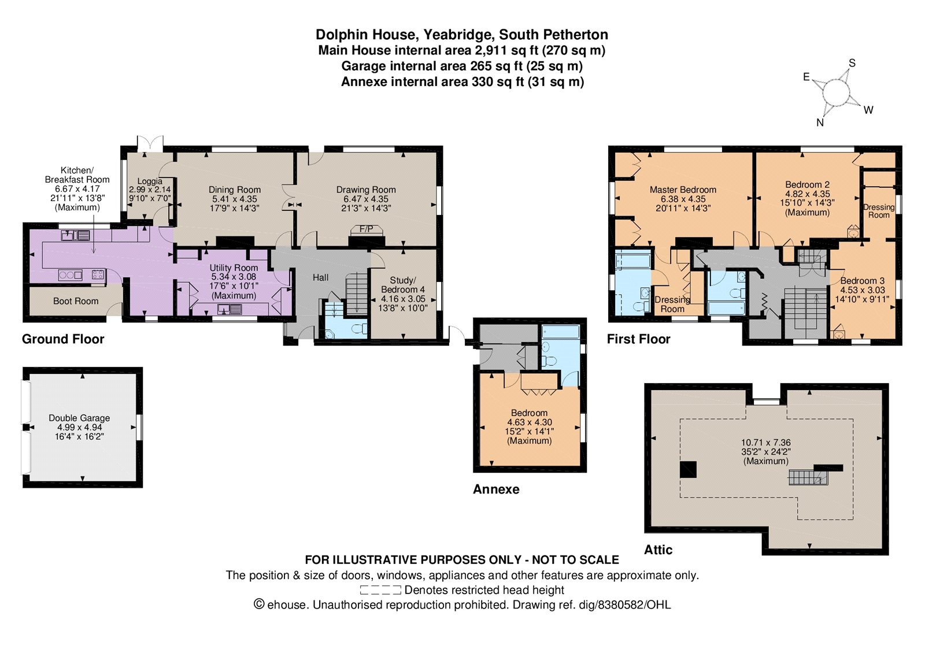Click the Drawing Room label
366,190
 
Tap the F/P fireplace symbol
367,229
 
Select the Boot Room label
76,301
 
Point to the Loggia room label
150,181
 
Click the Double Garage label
79,418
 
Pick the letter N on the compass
820,123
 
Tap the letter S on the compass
852,63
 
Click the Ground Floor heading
63,339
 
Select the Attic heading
658,550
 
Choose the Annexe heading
496,489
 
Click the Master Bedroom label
683,190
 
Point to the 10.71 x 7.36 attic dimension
766,443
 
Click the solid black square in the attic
689,469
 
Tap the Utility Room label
234,268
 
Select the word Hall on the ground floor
320,277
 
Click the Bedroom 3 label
862,281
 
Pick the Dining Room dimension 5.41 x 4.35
235,199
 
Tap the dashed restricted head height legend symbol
380,590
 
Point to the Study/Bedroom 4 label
402,285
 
